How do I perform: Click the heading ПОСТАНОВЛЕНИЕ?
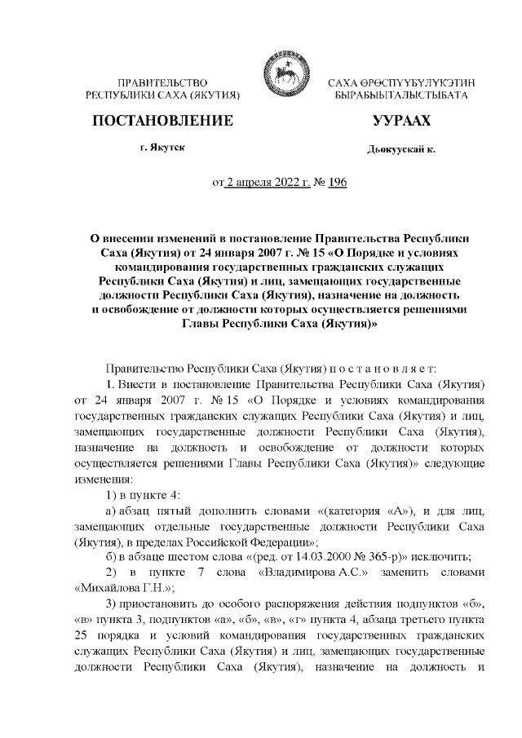[164, 122]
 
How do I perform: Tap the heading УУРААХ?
[400, 122]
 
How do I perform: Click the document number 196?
[336, 183]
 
